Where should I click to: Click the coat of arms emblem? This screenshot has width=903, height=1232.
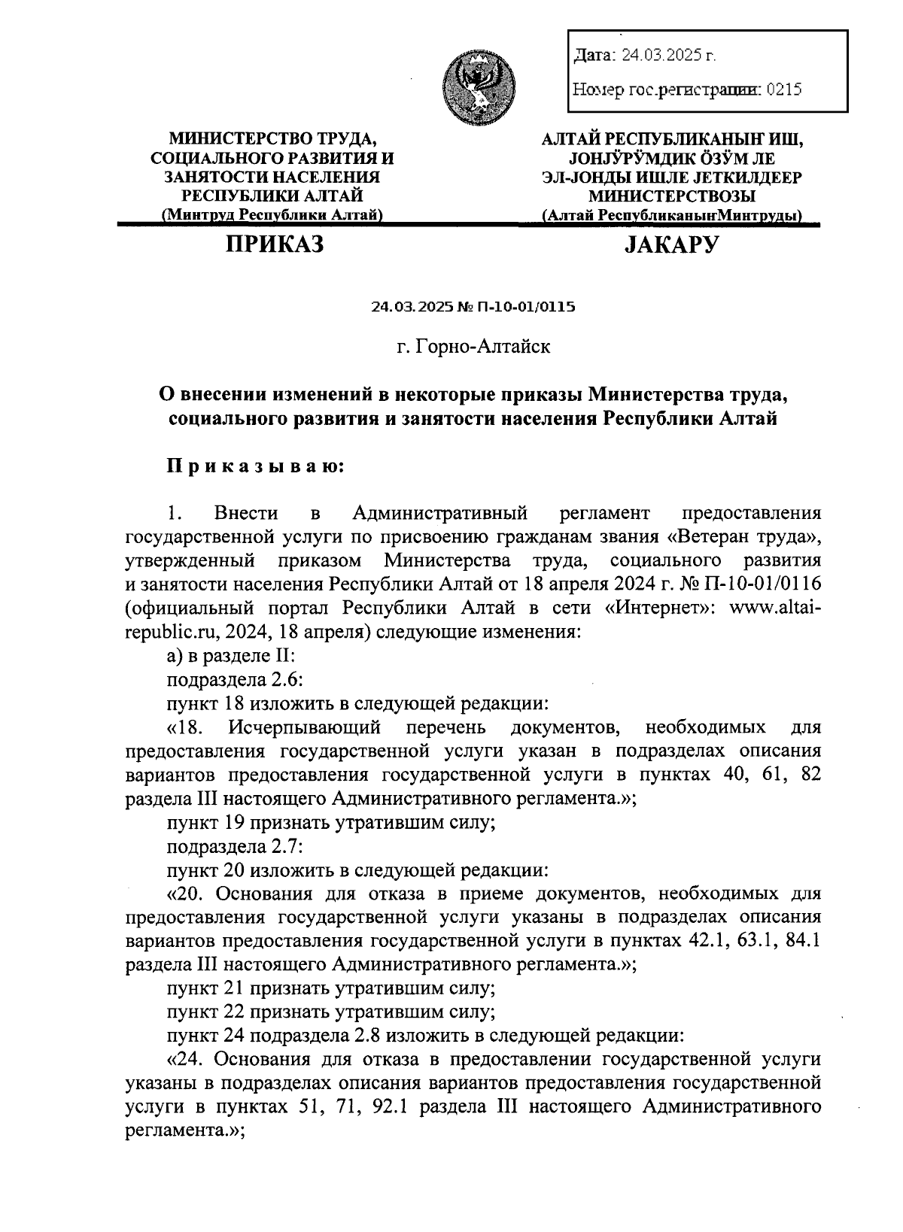[479, 85]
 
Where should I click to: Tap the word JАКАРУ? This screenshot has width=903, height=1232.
[671, 244]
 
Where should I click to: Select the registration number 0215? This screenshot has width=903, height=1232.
[784, 90]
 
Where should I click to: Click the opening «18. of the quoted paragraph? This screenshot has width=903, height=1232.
[192, 727]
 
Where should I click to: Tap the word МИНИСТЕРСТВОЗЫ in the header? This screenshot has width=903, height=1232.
[671, 196]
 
